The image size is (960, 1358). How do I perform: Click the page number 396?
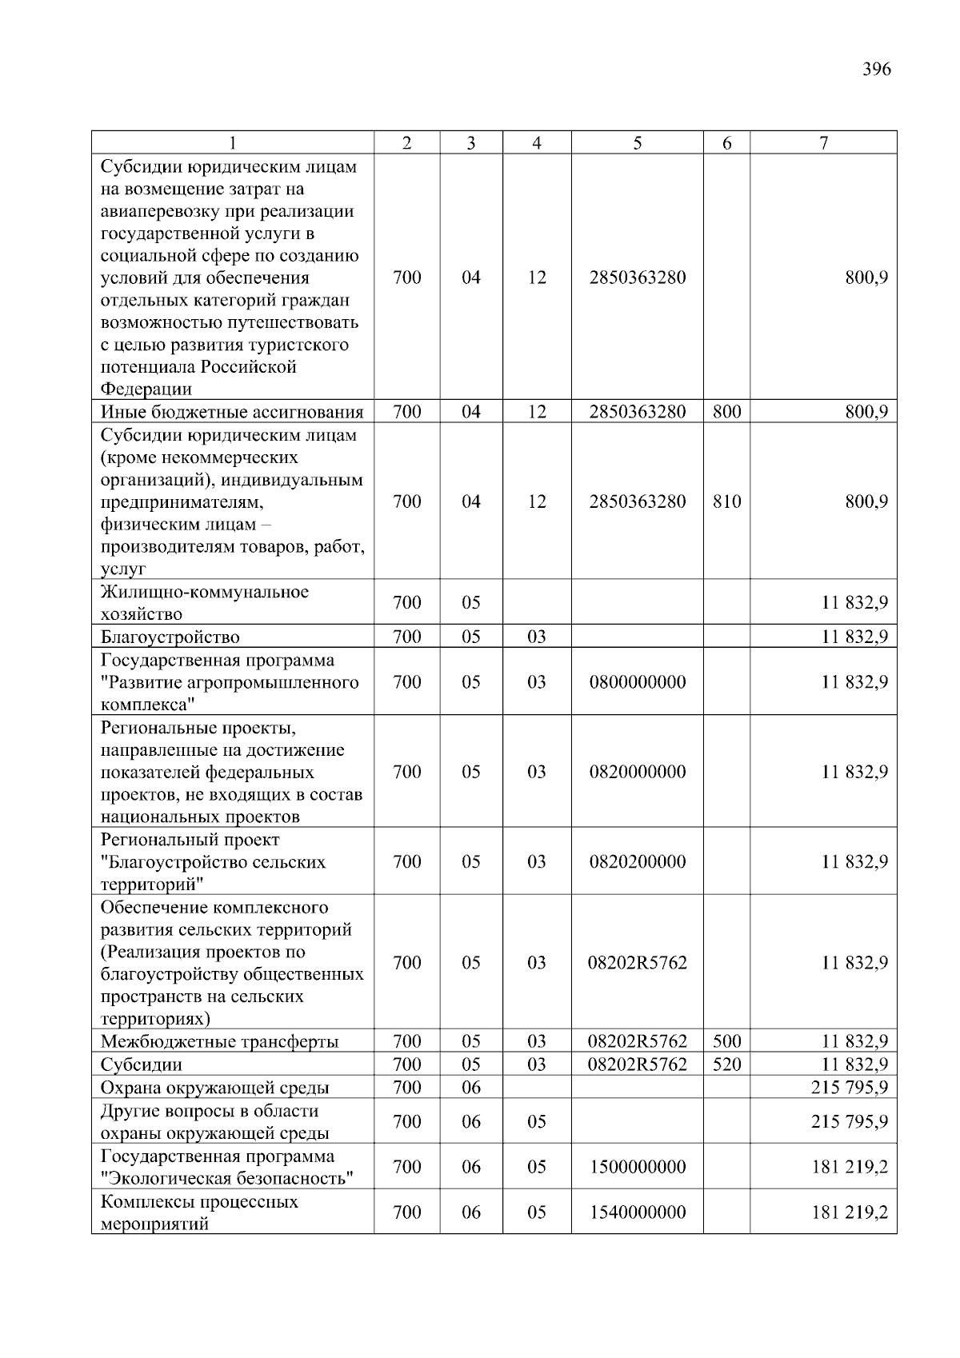(x=876, y=69)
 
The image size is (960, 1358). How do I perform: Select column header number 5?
(x=637, y=143)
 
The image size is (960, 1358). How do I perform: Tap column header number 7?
(x=823, y=143)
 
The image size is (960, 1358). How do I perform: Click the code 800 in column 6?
(x=726, y=412)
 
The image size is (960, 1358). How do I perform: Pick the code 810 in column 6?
(x=726, y=501)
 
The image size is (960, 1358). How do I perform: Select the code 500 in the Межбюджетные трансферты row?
(x=726, y=1041)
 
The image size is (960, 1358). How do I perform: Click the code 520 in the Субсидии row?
(x=726, y=1064)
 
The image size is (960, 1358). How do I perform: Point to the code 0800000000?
(x=637, y=682)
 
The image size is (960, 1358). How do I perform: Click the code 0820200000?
(x=637, y=861)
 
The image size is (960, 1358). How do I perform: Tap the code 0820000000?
(x=637, y=772)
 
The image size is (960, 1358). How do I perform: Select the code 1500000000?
(x=637, y=1167)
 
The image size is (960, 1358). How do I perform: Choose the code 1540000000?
(x=637, y=1212)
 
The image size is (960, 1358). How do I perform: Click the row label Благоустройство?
(x=170, y=637)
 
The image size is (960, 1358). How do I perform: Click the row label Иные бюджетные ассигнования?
(x=232, y=413)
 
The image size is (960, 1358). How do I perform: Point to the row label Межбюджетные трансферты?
(x=219, y=1042)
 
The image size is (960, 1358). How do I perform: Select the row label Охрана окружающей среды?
(x=214, y=1088)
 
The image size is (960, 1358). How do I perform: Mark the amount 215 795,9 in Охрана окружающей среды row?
(x=849, y=1088)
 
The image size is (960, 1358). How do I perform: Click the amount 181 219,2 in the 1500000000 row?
(x=849, y=1167)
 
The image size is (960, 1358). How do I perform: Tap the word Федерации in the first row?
(x=146, y=389)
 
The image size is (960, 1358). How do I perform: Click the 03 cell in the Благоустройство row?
(x=536, y=637)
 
